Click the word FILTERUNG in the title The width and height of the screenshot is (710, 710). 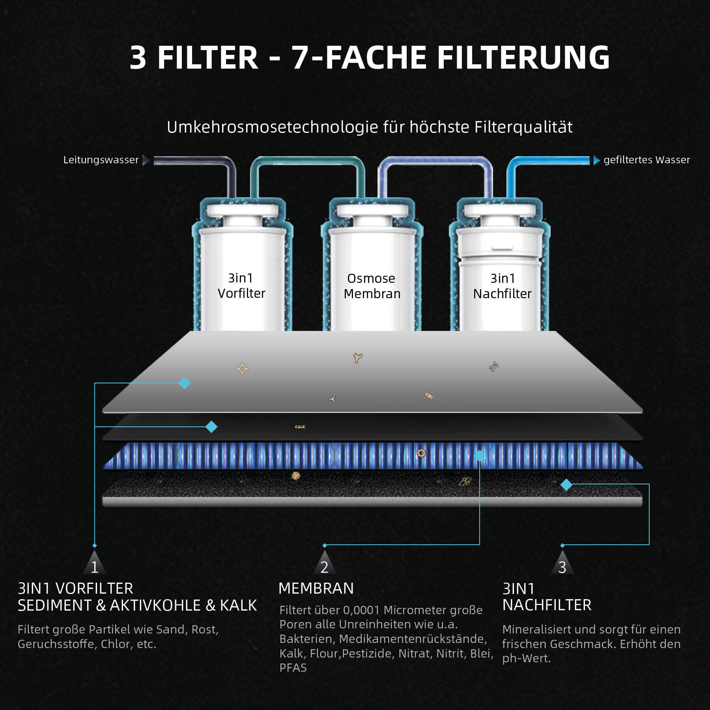pos(523,58)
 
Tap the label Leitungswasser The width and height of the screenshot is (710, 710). pos(101,160)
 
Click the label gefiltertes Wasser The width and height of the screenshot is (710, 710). pos(647,160)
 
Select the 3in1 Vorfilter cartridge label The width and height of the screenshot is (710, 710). pos(241,286)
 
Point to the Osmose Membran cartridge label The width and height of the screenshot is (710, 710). pos(372,286)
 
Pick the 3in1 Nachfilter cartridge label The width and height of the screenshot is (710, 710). pos(502,286)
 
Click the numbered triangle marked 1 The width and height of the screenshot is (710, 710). pos(95,562)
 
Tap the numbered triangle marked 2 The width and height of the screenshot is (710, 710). pos(325,562)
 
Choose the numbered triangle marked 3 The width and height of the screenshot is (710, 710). pos(562,562)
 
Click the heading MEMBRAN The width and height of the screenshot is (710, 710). pos(316,589)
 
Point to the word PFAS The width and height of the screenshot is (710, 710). pos(293,668)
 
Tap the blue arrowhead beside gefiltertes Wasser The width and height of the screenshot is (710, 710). pos(597,160)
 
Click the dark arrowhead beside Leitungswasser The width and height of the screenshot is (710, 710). pos(146,160)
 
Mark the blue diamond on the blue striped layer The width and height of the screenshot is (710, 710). pos(480,456)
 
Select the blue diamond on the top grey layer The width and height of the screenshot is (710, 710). pos(185,383)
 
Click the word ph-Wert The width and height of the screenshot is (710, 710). pos(527,658)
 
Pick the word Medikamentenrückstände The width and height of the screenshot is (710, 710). pos(413,639)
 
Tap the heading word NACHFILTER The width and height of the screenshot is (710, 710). pos(547,605)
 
